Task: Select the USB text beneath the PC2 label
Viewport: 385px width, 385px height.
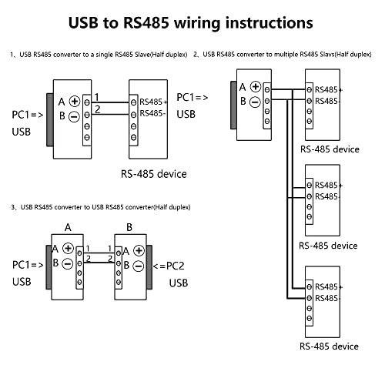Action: (x=179, y=283)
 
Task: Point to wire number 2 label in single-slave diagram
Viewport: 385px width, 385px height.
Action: (x=97, y=109)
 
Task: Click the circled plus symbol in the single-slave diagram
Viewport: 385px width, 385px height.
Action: (x=75, y=101)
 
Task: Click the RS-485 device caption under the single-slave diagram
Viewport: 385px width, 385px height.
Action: (x=153, y=174)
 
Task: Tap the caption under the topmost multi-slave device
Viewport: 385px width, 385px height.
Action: (x=328, y=149)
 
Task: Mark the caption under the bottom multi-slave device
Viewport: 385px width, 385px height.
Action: (x=328, y=346)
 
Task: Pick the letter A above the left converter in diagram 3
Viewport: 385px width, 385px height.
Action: (x=69, y=227)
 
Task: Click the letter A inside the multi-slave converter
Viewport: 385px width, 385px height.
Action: (x=243, y=87)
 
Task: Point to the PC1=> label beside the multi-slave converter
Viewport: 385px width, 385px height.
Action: (x=192, y=98)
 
